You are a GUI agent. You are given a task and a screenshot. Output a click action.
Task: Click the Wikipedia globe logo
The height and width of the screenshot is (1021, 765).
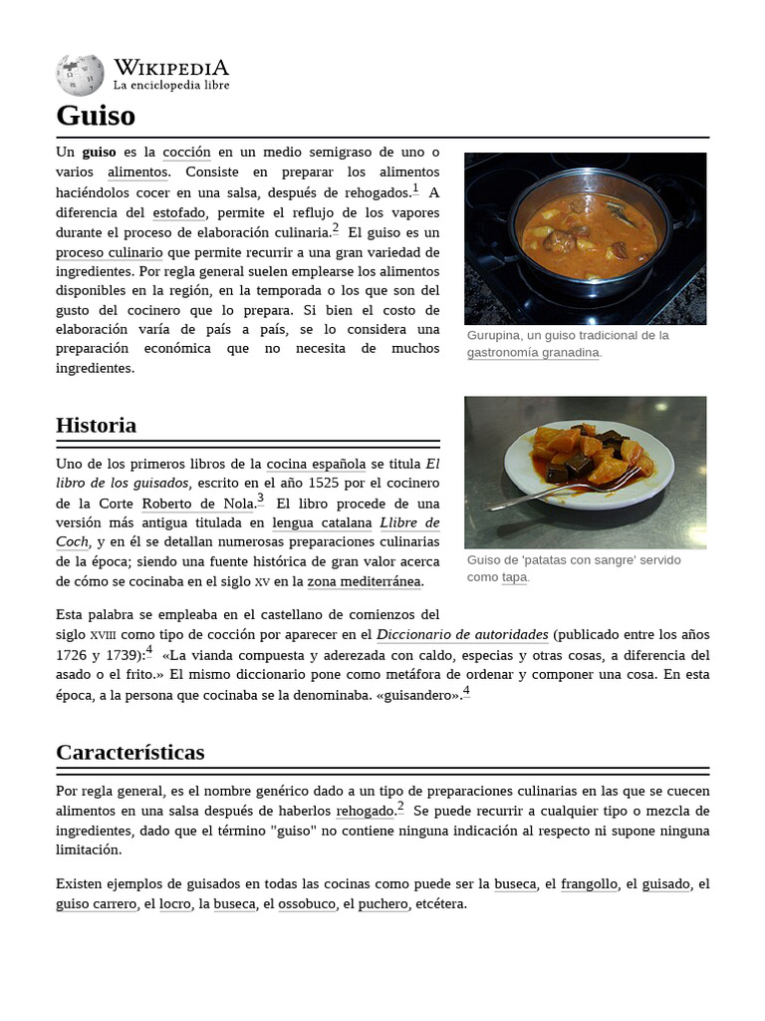coord(80,75)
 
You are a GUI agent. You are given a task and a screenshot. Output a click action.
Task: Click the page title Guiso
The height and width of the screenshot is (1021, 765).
coord(96,116)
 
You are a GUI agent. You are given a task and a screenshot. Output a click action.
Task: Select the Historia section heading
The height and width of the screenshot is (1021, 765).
coord(96,425)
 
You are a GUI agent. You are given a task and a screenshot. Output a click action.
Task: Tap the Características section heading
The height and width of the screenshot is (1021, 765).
coord(129,752)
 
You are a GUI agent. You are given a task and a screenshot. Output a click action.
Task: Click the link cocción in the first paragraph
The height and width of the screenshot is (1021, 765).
coord(187,153)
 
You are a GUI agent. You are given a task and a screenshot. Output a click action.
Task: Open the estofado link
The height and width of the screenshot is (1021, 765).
coord(179,212)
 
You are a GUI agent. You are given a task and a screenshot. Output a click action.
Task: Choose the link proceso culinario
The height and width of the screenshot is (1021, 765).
coord(109,252)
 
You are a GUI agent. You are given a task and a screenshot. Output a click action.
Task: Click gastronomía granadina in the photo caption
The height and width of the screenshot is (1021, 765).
coord(534,352)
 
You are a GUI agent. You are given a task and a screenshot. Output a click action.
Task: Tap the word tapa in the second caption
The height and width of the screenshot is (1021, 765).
coord(514,576)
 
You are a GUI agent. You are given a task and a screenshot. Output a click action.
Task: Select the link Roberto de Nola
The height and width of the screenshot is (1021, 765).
coord(198,504)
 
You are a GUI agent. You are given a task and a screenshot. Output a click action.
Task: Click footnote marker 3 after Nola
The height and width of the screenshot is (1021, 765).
coord(261,499)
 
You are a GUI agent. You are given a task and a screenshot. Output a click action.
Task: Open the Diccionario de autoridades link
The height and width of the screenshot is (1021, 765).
coord(462,634)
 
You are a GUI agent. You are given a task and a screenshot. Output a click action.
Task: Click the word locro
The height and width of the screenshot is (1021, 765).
coord(175,904)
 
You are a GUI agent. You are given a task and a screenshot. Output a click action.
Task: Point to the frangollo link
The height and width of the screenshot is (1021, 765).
coord(589,884)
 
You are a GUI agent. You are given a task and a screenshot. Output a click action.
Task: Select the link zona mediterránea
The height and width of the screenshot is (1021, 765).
coord(365,581)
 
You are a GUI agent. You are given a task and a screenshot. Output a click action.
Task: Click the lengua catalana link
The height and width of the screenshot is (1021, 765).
coord(322,522)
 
